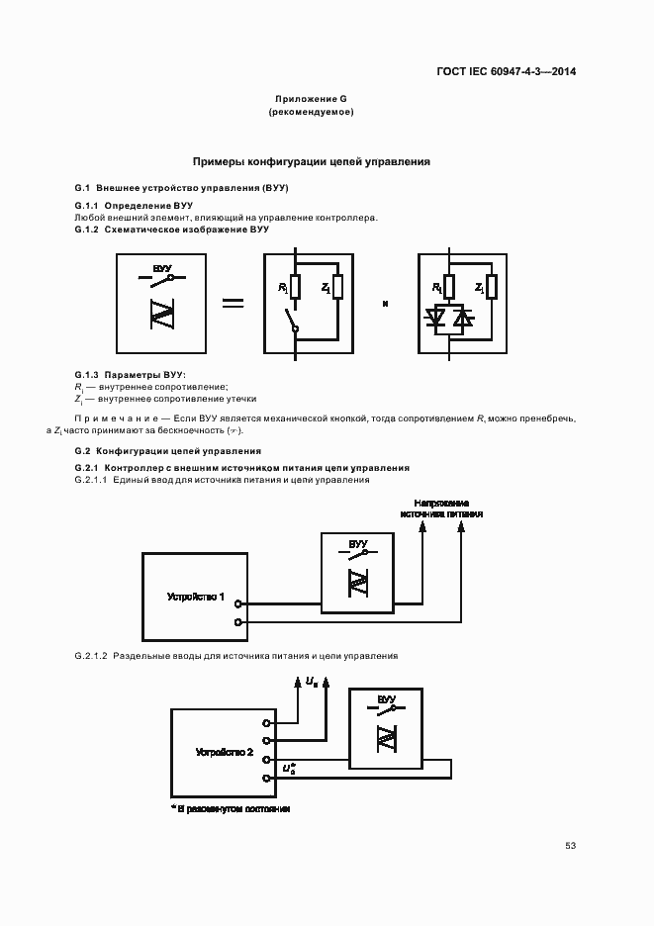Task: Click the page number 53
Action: click(570, 846)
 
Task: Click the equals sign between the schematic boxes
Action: click(233, 303)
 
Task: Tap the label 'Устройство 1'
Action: click(196, 597)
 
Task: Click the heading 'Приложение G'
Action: click(311, 99)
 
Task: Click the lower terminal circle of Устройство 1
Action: click(238, 621)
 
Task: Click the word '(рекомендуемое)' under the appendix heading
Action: click(311, 113)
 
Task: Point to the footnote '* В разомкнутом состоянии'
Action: click(231, 808)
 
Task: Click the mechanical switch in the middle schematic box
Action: click(292, 323)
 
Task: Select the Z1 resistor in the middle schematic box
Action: click(337, 287)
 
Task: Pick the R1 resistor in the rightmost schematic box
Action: click(448, 287)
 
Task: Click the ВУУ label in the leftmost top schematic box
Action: click(161, 268)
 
